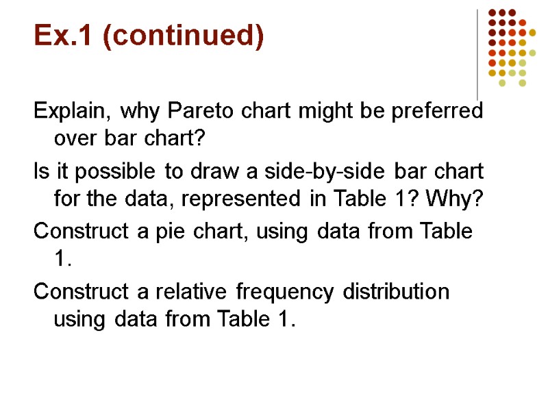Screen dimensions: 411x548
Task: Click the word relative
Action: click(182, 292)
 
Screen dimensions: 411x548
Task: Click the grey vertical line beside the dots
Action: click(477, 55)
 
